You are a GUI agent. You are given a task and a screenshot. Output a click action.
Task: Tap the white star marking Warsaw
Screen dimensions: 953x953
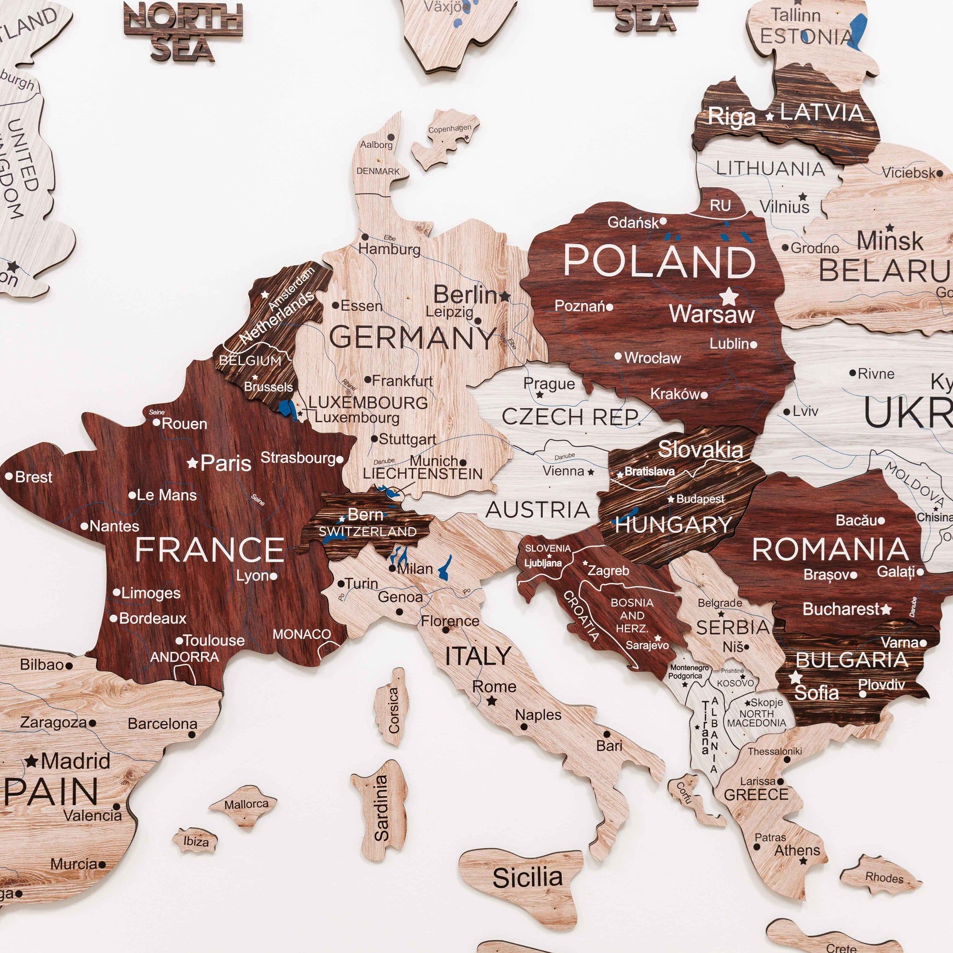[728, 296]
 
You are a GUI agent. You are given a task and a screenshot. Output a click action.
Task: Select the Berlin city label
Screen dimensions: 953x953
[465, 295]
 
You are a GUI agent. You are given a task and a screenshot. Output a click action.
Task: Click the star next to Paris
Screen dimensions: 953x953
[193, 463]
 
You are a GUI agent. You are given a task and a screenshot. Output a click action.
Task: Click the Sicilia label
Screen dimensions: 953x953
[527, 878]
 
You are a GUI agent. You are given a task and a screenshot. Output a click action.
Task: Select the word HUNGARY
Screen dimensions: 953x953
[673, 524]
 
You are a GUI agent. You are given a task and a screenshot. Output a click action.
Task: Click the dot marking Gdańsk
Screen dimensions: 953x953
[663, 222]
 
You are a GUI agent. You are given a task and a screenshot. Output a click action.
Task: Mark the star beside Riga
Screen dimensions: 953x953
[769, 117]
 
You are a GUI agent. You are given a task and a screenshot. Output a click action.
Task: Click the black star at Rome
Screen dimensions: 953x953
[492, 701]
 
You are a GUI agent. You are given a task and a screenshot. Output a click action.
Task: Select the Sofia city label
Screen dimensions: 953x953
[816, 693]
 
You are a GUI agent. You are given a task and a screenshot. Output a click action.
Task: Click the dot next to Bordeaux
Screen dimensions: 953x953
[113, 618]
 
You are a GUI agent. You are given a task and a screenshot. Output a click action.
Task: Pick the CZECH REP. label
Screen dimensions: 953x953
[571, 417]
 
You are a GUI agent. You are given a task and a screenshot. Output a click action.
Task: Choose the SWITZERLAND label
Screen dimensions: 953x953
[367, 532]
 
